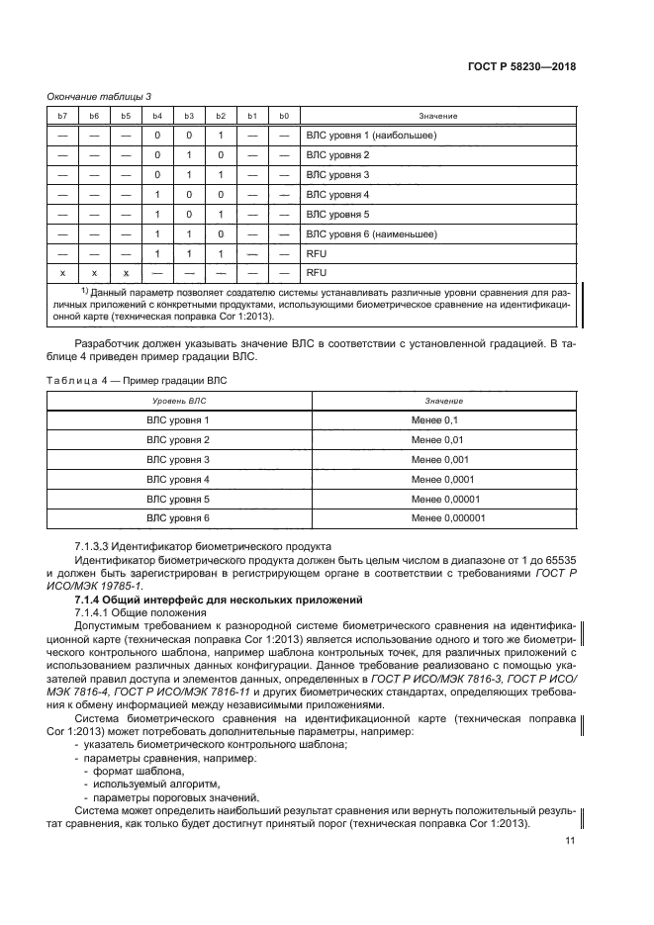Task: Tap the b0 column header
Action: pyautogui.click(x=284, y=116)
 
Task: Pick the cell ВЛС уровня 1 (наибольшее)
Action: pyautogui.click(x=371, y=136)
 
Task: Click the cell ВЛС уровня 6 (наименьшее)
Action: pyautogui.click(x=373, y=234)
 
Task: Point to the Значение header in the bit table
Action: pyautogui.click(x=437, y=116)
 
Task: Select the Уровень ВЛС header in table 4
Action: pyautogui.click(x=178, y=401)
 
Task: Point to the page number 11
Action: pyautogui.click(x=569, y=841)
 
